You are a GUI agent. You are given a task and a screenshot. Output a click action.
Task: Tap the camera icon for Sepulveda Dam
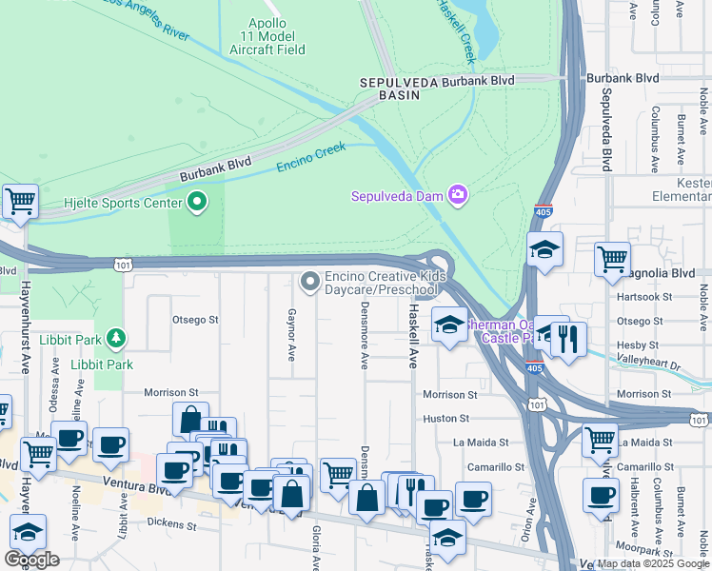[x=458, y=195]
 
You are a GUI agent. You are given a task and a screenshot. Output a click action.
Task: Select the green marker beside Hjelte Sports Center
[x=198, y=201]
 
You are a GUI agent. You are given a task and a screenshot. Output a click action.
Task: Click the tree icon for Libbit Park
[x=115, y=338]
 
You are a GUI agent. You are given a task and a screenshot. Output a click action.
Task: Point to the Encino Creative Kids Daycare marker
[x=309, y=281]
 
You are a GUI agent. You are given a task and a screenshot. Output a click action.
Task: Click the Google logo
[x=31, y=559]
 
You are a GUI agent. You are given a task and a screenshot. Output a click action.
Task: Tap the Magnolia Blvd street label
[x=670, y=273]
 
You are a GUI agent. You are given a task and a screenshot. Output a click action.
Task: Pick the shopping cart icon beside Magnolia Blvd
[x=612, y=258]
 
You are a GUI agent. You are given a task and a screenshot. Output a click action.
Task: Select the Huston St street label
[x=445, y=418]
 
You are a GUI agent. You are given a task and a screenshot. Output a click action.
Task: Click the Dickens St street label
[x=172, y=524]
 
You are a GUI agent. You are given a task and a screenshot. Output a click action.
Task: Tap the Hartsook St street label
[x=639, y=297]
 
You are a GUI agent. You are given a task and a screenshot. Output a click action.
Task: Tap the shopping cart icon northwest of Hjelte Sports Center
[x=20, y=201]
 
